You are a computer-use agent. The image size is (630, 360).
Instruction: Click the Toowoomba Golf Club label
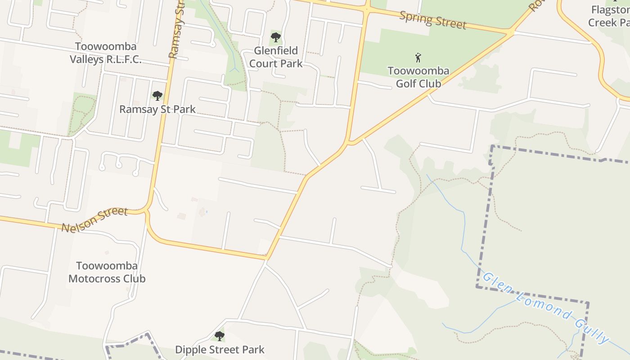418,77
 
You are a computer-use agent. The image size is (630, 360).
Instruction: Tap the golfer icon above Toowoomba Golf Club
418,58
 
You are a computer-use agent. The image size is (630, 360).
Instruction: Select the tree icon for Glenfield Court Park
276,37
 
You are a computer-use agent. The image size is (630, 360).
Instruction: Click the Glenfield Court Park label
276,57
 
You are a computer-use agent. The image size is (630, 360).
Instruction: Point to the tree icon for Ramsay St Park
157,95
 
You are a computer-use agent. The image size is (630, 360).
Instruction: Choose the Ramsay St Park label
157,109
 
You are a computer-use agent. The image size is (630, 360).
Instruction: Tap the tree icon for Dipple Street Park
219,336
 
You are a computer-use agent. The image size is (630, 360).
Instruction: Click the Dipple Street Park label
220,349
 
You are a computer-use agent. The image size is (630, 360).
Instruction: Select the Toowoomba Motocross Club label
107,272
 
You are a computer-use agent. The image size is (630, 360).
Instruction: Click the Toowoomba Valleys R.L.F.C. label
105,53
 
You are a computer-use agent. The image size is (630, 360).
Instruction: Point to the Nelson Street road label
94,220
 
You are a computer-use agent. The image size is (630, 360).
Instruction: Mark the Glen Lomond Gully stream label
546,307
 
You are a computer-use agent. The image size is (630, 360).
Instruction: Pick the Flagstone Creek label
609,16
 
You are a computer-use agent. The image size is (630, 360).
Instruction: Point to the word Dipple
191,349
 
